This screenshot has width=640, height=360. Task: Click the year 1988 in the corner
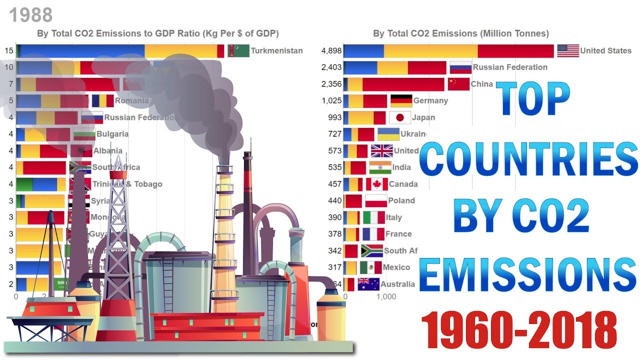click(31, 15)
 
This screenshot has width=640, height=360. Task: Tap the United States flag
click(568, 50)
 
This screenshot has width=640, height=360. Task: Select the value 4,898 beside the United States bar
click(331, 50)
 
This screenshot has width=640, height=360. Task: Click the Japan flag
click(399, 117)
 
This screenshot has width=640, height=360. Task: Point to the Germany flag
click(401, 100)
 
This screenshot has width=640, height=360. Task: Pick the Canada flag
click(376, 184)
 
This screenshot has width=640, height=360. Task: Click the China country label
click(481, 84)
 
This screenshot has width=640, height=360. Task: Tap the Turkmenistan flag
click(238, 50)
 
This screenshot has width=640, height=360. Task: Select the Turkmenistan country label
click(276, 50)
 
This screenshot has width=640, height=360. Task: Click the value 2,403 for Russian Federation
click(331, 67)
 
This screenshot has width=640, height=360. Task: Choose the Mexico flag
click(370, 267)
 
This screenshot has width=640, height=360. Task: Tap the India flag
click(380, 167)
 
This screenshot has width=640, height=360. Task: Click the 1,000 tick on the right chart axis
click(385, 296)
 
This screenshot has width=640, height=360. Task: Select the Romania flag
click(102, 100)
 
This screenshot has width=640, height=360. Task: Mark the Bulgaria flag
click(84, 134)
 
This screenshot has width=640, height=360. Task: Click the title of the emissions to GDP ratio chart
click(157, 33)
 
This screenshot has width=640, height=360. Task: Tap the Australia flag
click(368, 284)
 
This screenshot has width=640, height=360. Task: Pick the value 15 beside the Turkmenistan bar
click(9, 50)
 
